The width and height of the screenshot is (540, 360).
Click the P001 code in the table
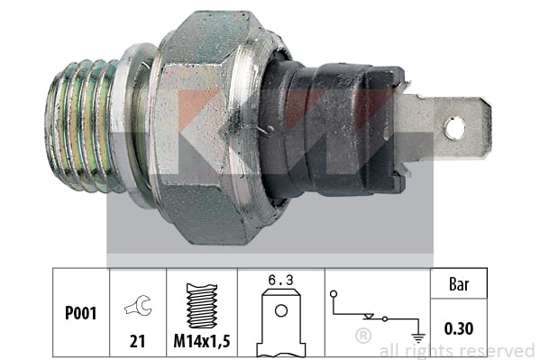[80, 313]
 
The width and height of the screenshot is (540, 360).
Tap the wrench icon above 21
[139, 305]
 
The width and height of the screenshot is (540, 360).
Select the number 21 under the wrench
[137, 341]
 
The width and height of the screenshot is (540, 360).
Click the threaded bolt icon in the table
[202, 306]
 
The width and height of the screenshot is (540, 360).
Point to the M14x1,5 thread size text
[202, 341]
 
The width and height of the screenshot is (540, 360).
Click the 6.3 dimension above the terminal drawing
[280, 280]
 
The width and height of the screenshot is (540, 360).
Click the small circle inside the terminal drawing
[281, 310]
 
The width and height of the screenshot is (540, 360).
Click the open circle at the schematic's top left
[334, 294]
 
